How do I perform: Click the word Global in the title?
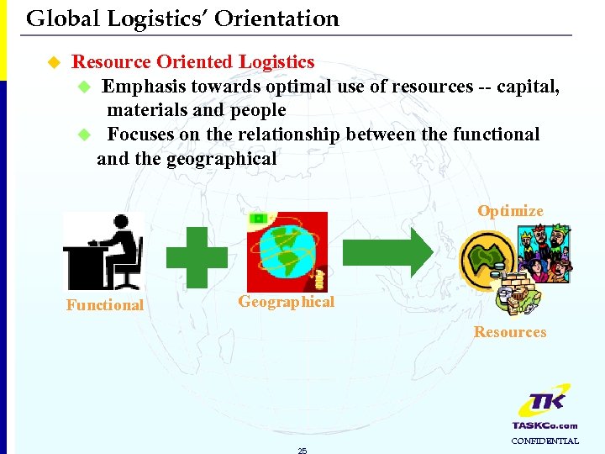tap(54, 18)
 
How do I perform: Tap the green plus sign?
tap(196, 257)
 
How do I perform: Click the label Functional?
tap(105, 305)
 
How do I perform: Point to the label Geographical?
tap(286, 302)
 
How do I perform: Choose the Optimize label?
tap(510, 211)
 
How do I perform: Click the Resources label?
tap(509, 332)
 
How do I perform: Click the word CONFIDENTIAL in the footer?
tap(544, 441)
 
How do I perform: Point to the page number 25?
tap(302, 451)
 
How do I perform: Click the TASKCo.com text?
tap(544, 425)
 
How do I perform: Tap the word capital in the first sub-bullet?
tap(526, 87)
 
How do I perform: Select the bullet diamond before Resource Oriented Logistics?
tap(54, 62)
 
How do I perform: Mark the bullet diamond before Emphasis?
tap(83, 87)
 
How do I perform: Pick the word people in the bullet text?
tap(258, 110)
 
